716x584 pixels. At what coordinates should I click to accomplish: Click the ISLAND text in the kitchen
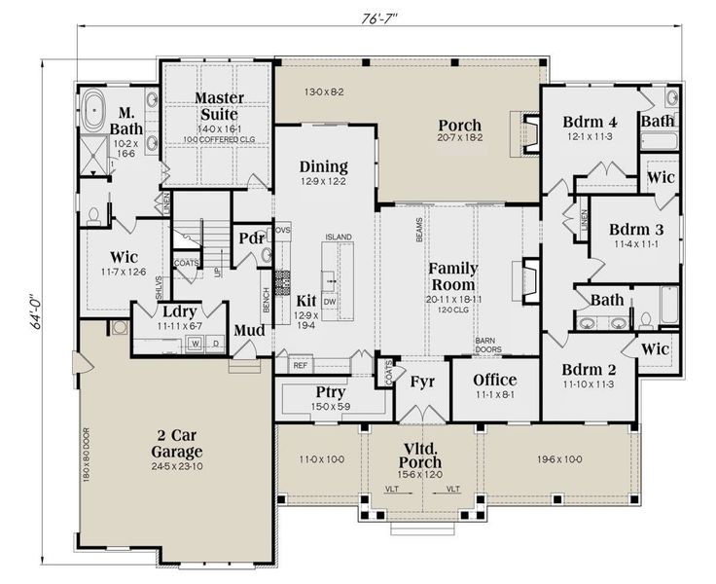coord(338,237)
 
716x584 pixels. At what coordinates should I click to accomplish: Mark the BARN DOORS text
coord(486,346)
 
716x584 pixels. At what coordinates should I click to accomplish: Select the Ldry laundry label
coord(180,311)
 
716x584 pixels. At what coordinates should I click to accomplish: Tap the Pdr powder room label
coord(251,238)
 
